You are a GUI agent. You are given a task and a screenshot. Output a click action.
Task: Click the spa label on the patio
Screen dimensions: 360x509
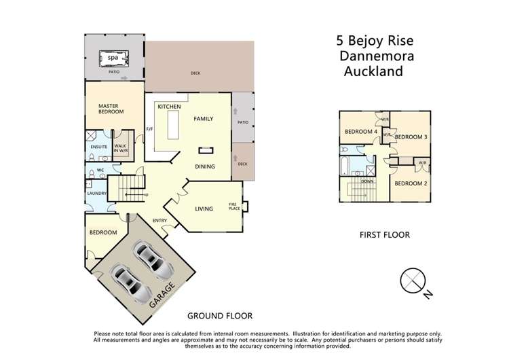coord(113,59)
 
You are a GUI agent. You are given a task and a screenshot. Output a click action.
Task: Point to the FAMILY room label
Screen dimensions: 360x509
coord(204,118)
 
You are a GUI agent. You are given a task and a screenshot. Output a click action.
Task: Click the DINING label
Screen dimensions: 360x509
coord(204,166)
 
